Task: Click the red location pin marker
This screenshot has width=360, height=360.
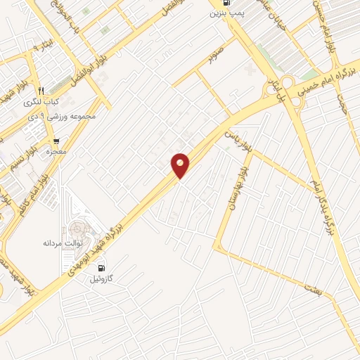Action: click(x=181, y=165)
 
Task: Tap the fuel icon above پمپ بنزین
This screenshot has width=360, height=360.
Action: click(x=220, y=4)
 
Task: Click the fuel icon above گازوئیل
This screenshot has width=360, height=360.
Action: click(x=103, y=267)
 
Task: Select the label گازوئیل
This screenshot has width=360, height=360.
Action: click(x=103, y=279)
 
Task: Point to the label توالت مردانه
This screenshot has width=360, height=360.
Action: click(x=64, y=243)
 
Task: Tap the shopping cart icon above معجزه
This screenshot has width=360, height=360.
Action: click(x=56, y=141)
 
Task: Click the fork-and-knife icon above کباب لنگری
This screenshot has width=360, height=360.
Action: click(x=41, y=90)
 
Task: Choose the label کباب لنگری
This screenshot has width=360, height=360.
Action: click(x=41, y=102)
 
